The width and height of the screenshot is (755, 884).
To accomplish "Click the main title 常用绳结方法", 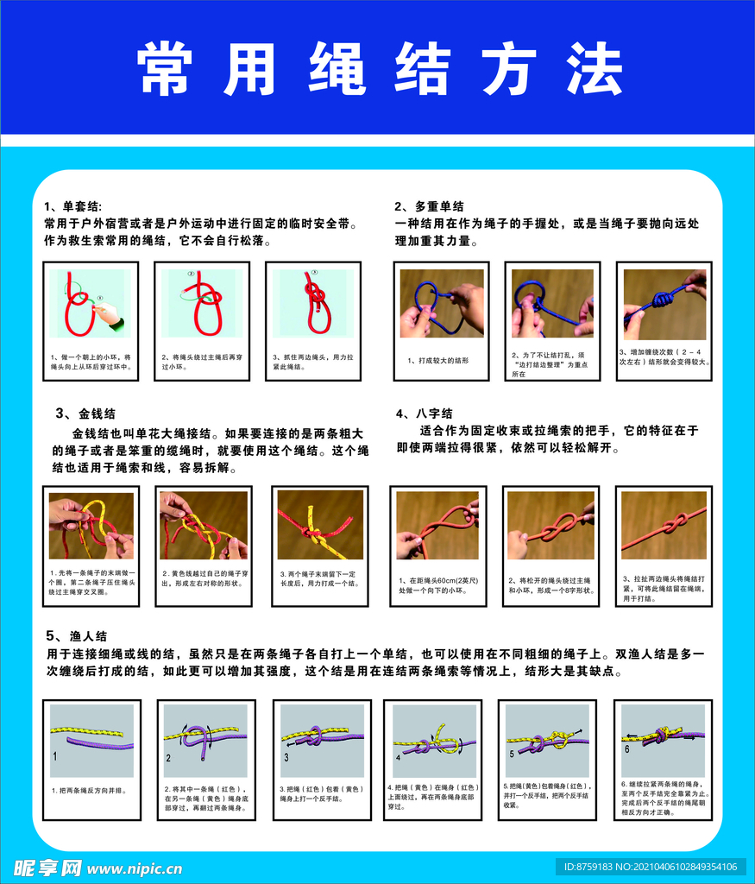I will [x=380, y=68].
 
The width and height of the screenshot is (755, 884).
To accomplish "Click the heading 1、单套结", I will [x=72, y=207].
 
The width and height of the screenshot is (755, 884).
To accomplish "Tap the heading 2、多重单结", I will [x=429, y=206].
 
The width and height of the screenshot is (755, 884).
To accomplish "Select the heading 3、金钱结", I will [x=85, y=414].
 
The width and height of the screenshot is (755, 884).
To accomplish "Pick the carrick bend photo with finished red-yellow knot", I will [x=320, y=526].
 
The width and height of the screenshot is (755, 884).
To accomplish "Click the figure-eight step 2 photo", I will [x=551, y=526].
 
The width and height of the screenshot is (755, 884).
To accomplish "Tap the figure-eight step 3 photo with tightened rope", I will [x=664, y=526].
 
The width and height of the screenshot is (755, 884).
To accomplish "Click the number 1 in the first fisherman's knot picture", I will [x=55, y=755].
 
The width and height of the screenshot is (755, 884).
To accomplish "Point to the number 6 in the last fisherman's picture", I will [x=626, y=748].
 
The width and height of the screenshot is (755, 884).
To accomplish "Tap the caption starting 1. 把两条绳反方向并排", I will [x=83, y=790].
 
